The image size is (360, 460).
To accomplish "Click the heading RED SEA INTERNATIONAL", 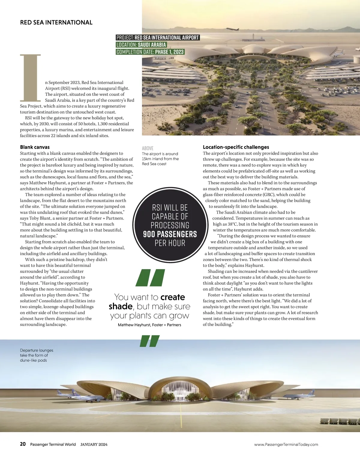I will (56, 22).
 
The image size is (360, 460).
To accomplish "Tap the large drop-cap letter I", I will (30, 78).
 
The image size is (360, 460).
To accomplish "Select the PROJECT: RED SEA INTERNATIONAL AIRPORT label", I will (157, 37).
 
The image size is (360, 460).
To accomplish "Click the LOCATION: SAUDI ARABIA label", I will (141, 45).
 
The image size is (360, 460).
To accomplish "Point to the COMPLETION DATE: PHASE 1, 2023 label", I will (150, 52).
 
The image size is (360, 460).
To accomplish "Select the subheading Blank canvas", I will (35, 147).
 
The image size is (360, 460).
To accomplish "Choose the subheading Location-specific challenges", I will (236, 147).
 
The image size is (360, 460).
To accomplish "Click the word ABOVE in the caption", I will (148, 148).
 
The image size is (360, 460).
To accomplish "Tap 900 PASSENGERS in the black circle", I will (170, 234).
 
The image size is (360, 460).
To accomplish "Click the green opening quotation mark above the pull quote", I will (150, 277).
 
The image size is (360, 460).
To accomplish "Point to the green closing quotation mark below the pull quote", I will (150, 341).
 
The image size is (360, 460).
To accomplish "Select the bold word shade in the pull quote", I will (121, 307).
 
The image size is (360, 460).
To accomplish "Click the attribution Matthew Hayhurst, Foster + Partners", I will (149, 325).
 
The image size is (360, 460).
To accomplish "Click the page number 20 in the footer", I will (23, 444).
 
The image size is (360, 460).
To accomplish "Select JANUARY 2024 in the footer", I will (94, 444).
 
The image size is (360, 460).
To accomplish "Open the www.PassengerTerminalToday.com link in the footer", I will (286, 444).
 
